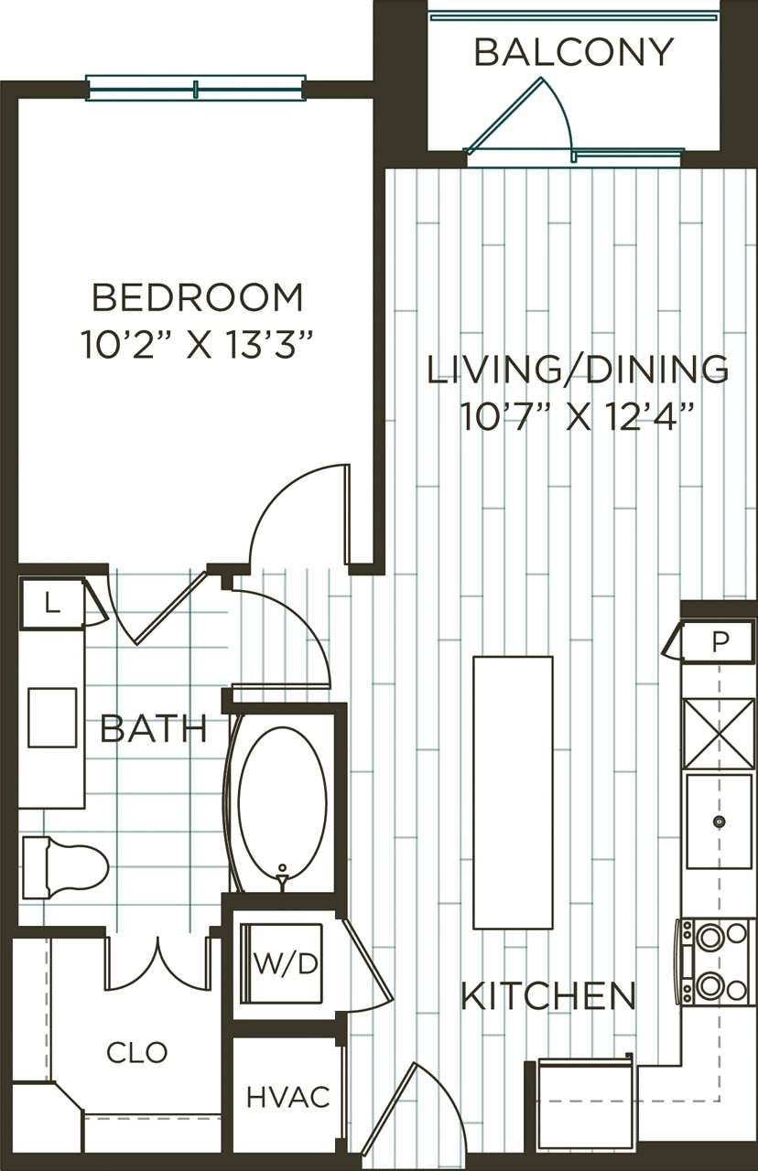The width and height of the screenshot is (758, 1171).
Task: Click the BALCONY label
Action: click(574, 52)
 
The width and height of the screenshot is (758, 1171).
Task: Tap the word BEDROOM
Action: click(198, 298)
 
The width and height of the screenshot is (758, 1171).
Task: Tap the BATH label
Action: click(153, 729)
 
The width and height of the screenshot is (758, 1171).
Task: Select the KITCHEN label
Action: click(547, 995)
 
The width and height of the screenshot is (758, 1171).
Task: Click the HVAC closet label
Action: click(287, 1097)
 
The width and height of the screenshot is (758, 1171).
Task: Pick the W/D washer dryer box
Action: click(286, 964)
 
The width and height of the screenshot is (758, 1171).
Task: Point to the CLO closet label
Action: click(137, 1053)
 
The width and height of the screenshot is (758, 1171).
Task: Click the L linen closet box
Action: click(52, 603)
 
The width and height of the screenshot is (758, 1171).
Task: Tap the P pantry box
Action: click(720, 641)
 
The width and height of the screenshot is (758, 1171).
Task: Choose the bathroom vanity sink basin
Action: click(52, 718)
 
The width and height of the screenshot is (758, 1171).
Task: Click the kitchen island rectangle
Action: click(513, 792)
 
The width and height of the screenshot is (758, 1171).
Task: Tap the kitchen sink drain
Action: click(720, 822)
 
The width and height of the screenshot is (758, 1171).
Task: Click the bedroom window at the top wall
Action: click(196, 89)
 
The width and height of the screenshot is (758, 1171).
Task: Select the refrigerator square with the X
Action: click(720, 734)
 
